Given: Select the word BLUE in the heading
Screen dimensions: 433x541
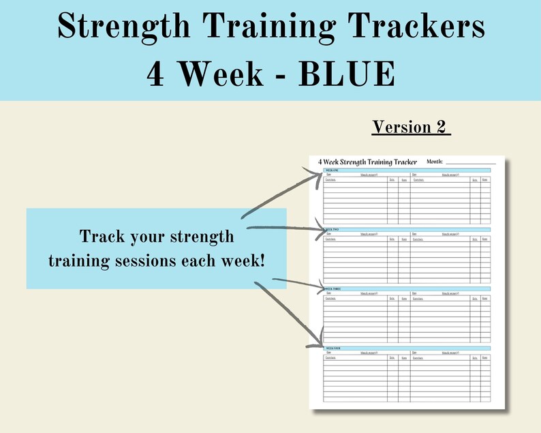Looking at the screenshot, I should [347, 74].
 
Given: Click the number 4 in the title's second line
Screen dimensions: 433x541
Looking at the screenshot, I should [155, 74].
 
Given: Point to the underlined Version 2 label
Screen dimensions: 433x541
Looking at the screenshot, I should [412, 128].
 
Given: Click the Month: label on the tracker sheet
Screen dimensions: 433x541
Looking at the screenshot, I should [434, 162].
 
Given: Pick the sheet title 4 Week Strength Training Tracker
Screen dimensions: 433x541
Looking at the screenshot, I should [367, 162].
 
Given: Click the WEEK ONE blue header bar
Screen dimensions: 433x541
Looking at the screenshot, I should [407, 170].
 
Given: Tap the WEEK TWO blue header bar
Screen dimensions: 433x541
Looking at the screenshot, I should [407, 230].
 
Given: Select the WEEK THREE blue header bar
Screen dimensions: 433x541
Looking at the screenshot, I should [407, 289].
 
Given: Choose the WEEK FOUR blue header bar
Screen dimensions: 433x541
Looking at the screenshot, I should [407, 348].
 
